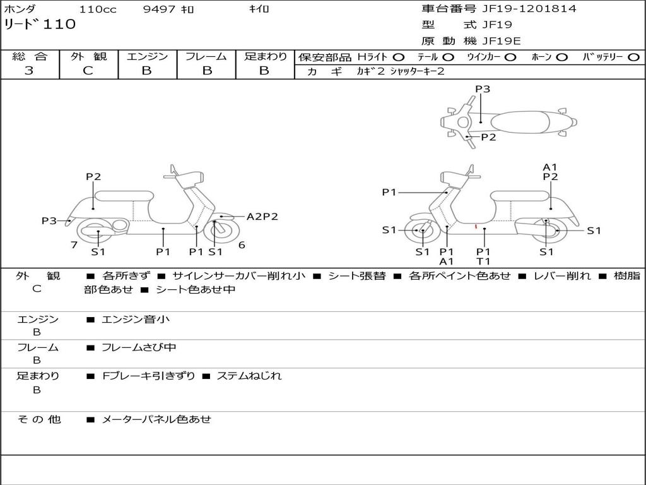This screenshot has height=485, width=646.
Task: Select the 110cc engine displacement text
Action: click(x=96, y=9)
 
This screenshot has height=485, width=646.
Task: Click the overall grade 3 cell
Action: click(x=29, y=71)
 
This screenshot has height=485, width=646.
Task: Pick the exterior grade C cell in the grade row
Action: click(x=88, y=71)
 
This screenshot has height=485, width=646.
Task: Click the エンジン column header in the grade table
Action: click(x=147, y=56)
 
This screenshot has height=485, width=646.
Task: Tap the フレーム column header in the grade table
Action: click(x=206, y=56)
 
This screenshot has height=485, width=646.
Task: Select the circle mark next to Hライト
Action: click(x=399, y=57)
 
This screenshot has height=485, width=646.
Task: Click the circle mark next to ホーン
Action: click(x=562, y=57)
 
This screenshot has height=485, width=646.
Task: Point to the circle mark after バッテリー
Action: click(x=635, y=57)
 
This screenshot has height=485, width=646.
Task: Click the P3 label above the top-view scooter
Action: click(x=483, y=89)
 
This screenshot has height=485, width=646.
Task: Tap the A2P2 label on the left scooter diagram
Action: click(x=262, y=217)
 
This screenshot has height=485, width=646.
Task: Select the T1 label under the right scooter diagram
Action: click(x=484, y=261)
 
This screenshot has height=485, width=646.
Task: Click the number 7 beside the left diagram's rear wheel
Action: click(x=74, y=245)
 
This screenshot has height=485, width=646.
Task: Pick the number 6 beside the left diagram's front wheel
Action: click(x=242, y=245)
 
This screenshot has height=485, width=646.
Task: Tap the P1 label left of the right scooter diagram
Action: click(x=389, y=192)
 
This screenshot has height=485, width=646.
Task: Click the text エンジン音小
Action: click(x=135, y=320)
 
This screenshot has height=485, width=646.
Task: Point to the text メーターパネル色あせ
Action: click(x=156, y=419)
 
